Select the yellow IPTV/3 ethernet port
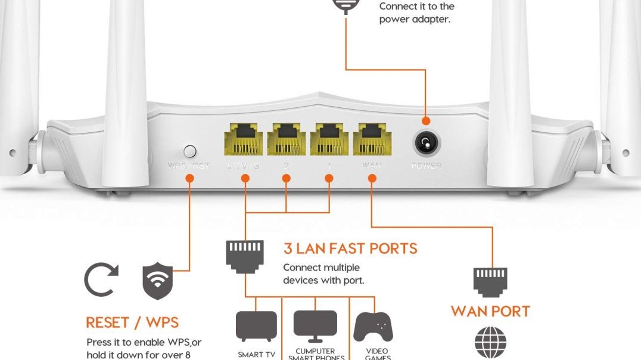[244, 139]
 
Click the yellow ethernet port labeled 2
[287, 139]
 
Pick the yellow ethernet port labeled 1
[329, 139]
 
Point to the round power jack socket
[426, 143]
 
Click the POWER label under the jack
[427, 165]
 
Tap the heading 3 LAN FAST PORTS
[350, 249]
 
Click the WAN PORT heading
[490, 311]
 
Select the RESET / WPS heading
[132, 322]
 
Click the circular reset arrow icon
[101, 280]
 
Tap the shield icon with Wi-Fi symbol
[157, 281]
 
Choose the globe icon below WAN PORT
[490, 344]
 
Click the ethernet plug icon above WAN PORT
[490, 281]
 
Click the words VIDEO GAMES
[377, 354]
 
